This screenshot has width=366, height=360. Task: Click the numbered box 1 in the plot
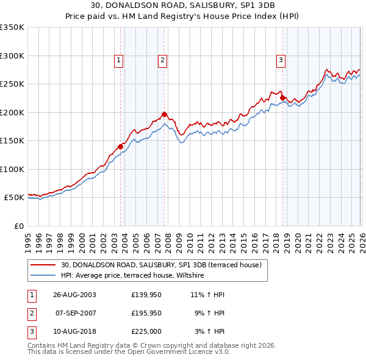click(x=118, y=60)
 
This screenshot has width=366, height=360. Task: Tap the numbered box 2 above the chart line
click(x=163, y=60)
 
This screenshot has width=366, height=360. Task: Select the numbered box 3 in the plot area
click(x=281, y=60)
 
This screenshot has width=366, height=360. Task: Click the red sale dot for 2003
click(x=121, y=146)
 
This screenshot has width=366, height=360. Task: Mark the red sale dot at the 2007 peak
click(x=165, y=114)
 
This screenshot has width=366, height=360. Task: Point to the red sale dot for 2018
click(x=282, y=98)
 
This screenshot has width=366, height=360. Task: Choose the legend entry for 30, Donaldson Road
click(x=161, y=265)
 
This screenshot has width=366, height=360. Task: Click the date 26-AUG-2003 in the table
click(x=74, y=294)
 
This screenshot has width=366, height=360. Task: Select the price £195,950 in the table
click(x=146, y=314)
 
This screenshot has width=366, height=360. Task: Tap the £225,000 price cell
click(x=146, y=333)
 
